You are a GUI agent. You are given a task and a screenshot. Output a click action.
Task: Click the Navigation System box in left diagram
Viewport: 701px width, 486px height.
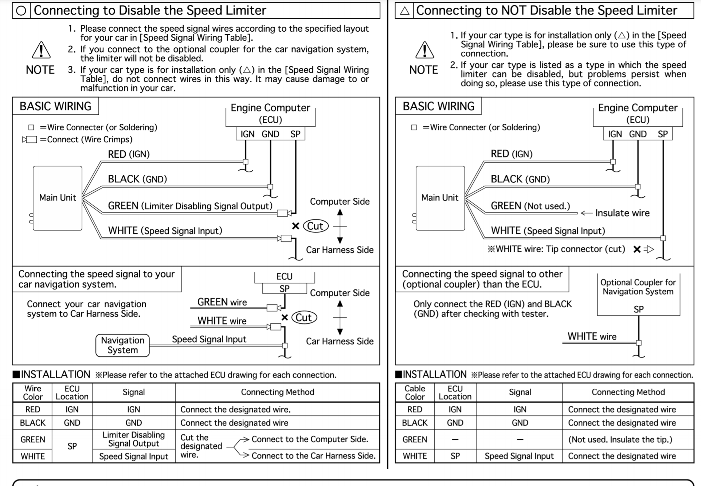pos(122,345)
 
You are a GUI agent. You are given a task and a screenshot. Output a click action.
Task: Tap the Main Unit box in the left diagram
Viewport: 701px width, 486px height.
pos(58,198)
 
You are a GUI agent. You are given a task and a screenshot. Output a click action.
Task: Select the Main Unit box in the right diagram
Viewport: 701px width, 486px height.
pos(440,198)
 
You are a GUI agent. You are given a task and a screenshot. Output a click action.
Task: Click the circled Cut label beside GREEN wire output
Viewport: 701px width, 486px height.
pos(315,226)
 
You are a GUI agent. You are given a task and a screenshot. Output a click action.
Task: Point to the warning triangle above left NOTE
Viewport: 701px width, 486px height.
pos(41,50)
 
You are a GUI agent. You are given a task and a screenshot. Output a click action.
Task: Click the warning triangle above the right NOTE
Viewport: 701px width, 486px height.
pos(424,50)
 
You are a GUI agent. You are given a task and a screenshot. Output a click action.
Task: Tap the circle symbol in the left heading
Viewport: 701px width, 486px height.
pos(21,11)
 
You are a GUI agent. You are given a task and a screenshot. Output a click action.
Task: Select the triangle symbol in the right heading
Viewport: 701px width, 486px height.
pos(404,11)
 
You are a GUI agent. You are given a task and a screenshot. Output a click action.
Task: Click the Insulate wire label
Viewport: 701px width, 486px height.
pos(622,213)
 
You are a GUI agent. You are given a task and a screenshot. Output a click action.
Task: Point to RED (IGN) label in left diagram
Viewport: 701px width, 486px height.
pos(129,154)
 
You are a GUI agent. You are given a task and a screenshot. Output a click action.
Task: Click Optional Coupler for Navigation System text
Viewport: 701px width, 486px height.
pos(638,287)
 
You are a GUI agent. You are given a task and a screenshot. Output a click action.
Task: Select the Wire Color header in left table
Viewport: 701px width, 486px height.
pos(32,392)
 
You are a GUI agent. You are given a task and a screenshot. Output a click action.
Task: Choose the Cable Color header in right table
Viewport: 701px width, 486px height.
pos(415,392)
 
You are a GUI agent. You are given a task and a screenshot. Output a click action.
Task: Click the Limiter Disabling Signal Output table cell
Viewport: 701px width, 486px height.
pos(133,439)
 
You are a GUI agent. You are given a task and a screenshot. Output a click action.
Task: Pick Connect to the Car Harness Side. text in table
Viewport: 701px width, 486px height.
pos(313,456)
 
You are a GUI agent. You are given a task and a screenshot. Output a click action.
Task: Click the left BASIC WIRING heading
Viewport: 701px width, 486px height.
pos(55,106)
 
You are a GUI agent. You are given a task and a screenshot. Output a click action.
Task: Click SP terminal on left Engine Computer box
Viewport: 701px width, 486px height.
pos(295,134)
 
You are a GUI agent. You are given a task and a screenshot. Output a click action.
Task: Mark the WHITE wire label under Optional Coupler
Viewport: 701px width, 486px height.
pos(592,336)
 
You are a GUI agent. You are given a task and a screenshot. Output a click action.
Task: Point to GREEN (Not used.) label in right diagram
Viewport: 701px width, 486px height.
pos(530,206)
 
